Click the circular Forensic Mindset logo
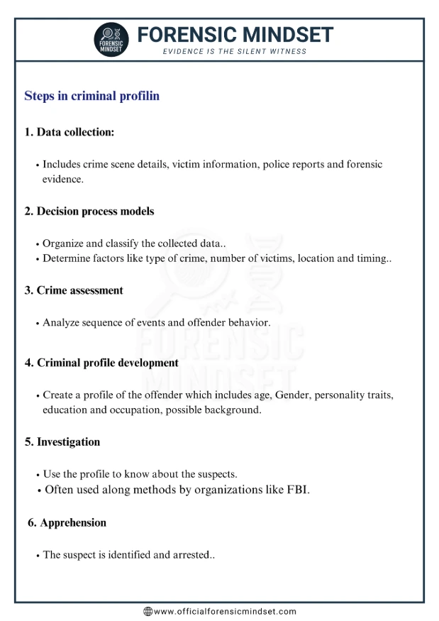112,40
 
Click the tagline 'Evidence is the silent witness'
235,52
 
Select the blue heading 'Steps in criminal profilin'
91,96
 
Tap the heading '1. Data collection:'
70,132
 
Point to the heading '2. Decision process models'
89,211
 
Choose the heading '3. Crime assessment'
74,290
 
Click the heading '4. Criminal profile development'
101,363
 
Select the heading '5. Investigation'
62,441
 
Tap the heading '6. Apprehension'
67,522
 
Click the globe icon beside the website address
148,611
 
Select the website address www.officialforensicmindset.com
225,611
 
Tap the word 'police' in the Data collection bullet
277,164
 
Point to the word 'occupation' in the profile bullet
134,410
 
